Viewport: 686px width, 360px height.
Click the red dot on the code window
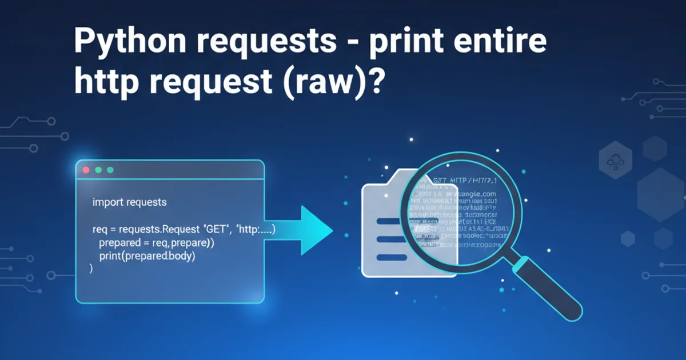(86, 170)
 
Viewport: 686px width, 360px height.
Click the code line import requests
(129, 202)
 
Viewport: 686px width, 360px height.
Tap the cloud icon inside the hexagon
(615, 162)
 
